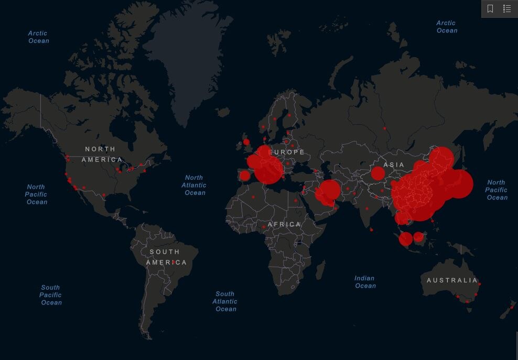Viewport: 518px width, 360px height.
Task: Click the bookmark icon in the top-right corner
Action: (x=490, y=9)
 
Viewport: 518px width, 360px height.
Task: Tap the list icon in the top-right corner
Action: (x=507, y=9)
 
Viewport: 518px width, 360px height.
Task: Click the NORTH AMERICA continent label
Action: (x=102, y=154)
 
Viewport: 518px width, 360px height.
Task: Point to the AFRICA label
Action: (x=284, y=224)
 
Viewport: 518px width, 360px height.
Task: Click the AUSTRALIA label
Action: (x=452, y=280)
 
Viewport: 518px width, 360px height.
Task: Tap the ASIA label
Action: (x=394, y=165)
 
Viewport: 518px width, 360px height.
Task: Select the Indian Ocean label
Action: (x=365, y=282)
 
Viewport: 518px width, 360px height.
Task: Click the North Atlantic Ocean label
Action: (x=194, y=185)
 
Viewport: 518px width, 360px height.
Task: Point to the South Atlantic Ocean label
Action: (x=225, y=301)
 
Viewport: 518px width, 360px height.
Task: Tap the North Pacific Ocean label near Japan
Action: (x=496, y=190)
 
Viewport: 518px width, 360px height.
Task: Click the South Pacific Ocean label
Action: (x=51, y=294)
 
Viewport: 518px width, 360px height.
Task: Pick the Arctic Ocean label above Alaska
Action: (x=38, y=37)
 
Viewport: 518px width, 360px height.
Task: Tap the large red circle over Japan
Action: (x=459, y=184)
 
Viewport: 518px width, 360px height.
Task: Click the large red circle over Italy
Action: (x=268, y=169)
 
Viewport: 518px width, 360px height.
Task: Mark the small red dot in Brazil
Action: (x=173, y=261)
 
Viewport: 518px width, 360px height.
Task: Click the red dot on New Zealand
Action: (x=511, y=307)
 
